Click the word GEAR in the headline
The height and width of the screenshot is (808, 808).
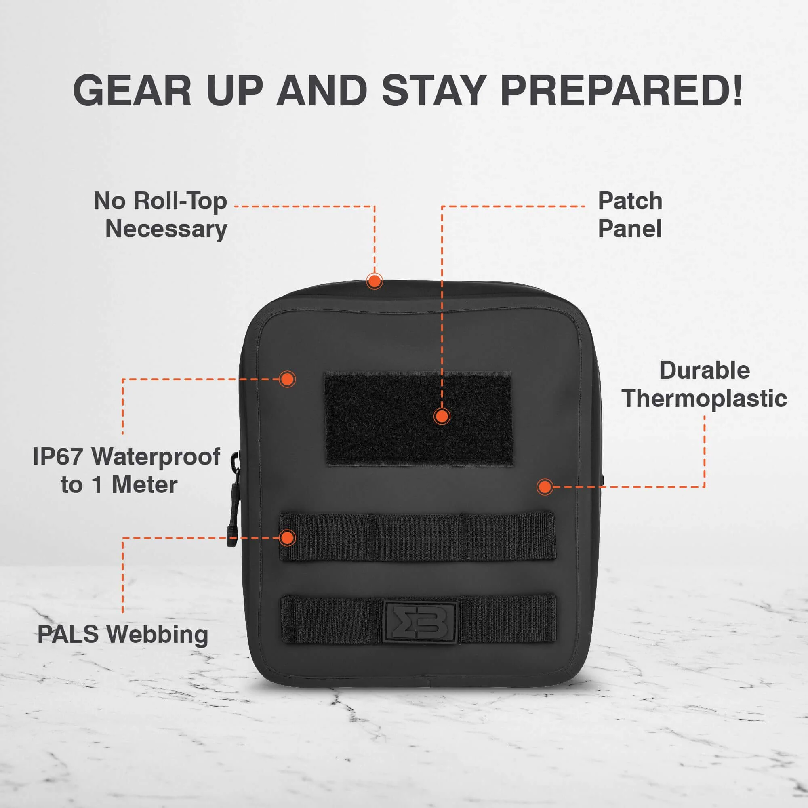pos(132,90)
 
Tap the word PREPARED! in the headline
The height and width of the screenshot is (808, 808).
pos(621,90)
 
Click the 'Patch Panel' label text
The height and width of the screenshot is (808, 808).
pos(630,215)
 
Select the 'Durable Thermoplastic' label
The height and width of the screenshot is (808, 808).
pos(704,384)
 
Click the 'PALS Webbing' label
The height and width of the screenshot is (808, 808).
pos(123,634)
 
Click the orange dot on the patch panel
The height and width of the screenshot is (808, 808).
pos(442,416)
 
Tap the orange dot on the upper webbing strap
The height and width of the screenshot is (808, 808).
pos(287,537)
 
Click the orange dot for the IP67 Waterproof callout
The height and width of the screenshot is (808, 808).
pos(287,379)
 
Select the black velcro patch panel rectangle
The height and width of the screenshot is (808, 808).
pos(419,419)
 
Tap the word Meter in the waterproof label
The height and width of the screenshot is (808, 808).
pos(144,485)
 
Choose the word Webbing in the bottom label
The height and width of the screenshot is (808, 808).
pos(157,635)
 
